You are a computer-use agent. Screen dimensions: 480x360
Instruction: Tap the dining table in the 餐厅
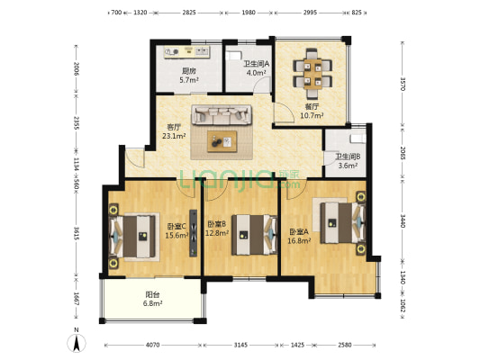pos(312,74)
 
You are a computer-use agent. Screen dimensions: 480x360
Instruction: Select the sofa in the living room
pos(222,114)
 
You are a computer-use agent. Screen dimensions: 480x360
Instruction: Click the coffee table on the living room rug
pos(222,141)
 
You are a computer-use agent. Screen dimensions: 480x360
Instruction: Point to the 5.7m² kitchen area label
pos(189,80)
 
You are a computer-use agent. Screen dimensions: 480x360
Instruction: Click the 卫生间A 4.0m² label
pos(257,68)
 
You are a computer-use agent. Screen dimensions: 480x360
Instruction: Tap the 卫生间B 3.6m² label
pos(348,161)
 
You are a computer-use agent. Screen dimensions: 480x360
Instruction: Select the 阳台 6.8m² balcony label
pos(152,299)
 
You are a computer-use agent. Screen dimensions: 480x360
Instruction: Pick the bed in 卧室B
pos(255,235)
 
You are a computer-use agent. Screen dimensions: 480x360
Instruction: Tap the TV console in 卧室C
pos(193,233)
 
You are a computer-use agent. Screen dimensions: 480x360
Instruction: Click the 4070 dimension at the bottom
pos(152,345)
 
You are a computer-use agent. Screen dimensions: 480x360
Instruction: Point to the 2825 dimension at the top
pos(189,13)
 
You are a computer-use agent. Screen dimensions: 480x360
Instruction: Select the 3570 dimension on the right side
pos(403,84)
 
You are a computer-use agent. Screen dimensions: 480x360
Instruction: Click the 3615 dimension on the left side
pos(77,233)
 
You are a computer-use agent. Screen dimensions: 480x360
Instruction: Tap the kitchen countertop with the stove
pos(187,51)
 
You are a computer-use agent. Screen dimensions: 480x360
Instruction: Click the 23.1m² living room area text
pos(174,136)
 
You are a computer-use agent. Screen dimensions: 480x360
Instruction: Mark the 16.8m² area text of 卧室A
pos(299,240)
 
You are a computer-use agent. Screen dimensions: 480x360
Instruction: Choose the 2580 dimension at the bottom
pos(345,345)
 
